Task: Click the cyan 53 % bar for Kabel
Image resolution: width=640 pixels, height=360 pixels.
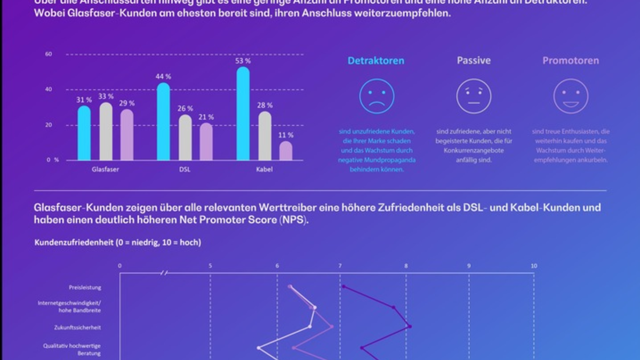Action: (243, 115)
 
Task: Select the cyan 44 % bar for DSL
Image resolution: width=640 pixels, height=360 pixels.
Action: (164, 123)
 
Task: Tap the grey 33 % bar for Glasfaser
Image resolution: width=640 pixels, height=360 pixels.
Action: (106, 132)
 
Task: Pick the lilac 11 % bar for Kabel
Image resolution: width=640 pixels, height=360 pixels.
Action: (286, 151)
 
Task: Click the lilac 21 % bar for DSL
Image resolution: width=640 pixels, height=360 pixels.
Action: (206, 142)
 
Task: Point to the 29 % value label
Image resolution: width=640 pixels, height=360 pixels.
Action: (127, 103)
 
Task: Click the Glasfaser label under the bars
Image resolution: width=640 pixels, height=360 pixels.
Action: (105, 170)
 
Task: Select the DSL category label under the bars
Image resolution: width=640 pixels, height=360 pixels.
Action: (185, 170)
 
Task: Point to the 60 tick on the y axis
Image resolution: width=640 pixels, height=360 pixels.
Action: (49, 54)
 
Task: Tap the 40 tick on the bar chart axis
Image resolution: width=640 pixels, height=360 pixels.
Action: (49, 90)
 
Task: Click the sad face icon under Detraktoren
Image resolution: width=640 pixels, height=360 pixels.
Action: (377, 96)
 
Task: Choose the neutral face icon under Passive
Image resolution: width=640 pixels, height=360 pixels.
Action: (473, 96)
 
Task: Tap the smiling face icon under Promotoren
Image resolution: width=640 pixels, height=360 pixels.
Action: (570, 96)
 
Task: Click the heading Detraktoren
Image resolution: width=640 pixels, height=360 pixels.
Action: (376, 61)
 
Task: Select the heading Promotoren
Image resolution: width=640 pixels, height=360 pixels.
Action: (570, 61)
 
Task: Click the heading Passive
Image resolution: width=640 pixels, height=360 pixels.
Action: (474, 61)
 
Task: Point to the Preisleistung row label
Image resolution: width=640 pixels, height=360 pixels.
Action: (85, 287)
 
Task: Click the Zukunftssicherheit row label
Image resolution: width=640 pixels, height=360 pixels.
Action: (78, 327)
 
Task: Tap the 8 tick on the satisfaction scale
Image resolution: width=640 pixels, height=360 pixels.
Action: (406, 266)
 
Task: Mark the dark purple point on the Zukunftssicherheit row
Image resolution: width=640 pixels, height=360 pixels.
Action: (410, 326)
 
